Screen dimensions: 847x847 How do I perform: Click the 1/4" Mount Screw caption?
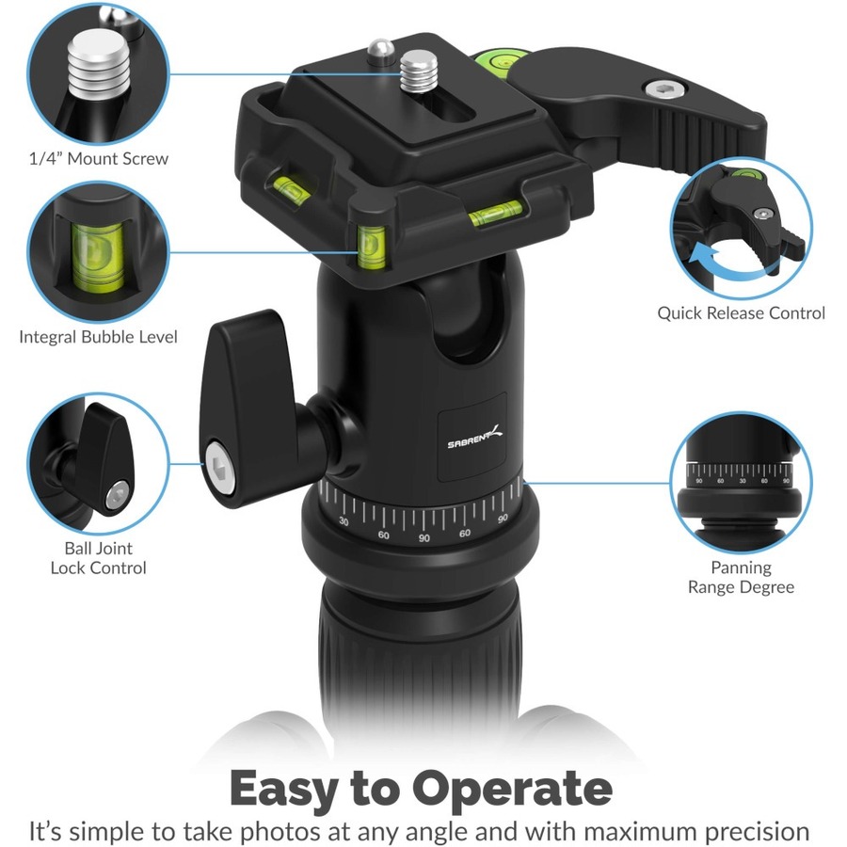[98, 159]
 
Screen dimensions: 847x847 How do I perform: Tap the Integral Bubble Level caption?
[98, 337]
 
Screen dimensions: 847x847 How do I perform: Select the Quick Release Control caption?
[742, 313]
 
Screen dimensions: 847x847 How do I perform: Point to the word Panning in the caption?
[742, 567]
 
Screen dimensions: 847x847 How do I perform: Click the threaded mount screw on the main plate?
[419, 71]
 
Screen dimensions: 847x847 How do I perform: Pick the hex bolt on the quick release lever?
[664, 88]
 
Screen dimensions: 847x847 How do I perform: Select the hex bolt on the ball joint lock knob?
[220, 468]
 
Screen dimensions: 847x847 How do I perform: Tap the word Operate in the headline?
[512, 790]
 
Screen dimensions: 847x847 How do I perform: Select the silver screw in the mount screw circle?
[100, 68]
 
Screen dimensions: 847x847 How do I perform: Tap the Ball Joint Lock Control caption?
[98, 558]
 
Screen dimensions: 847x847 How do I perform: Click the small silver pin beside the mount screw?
[380, 52]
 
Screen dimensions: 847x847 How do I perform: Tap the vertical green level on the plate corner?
[372, 247]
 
